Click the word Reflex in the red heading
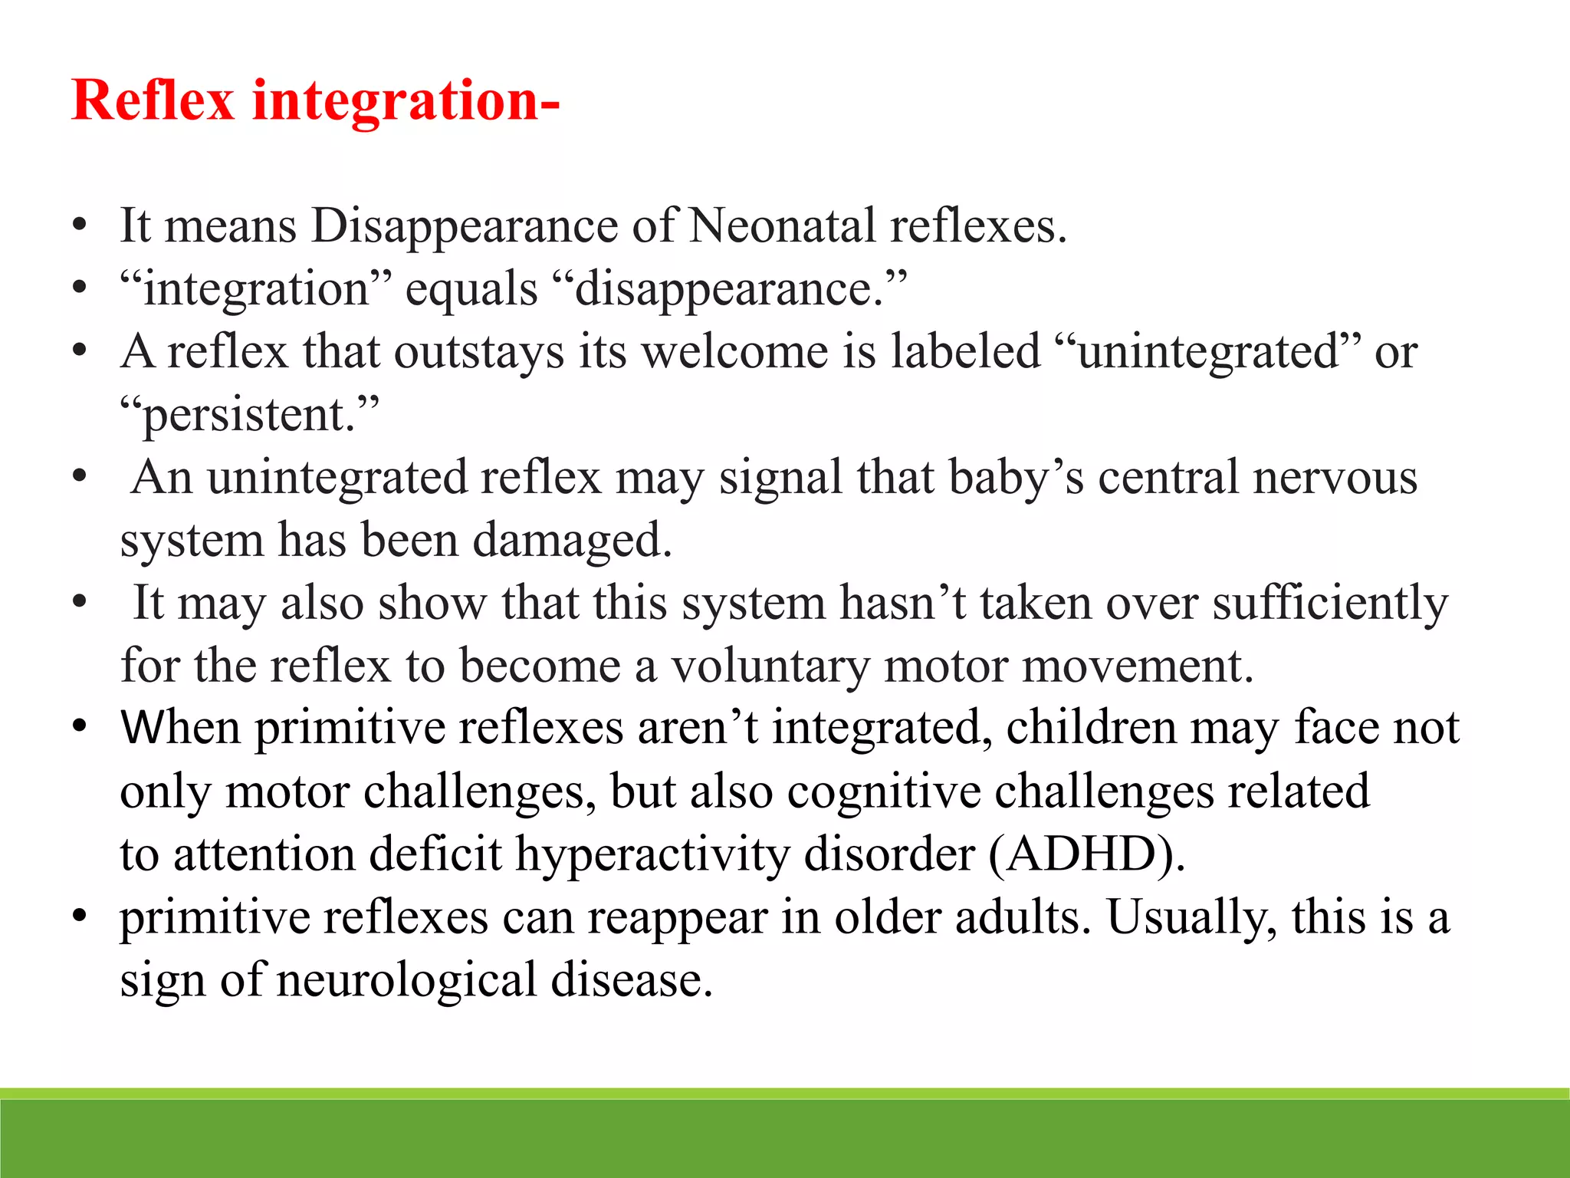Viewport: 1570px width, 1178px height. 153,100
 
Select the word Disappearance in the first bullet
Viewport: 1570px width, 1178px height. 464,227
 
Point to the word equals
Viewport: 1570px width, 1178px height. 471,290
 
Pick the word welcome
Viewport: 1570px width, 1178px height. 735,352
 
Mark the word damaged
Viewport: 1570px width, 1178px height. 571,541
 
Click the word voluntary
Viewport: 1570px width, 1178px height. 770,666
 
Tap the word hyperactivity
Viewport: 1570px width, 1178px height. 652,855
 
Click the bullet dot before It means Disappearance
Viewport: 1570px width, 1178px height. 80,227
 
